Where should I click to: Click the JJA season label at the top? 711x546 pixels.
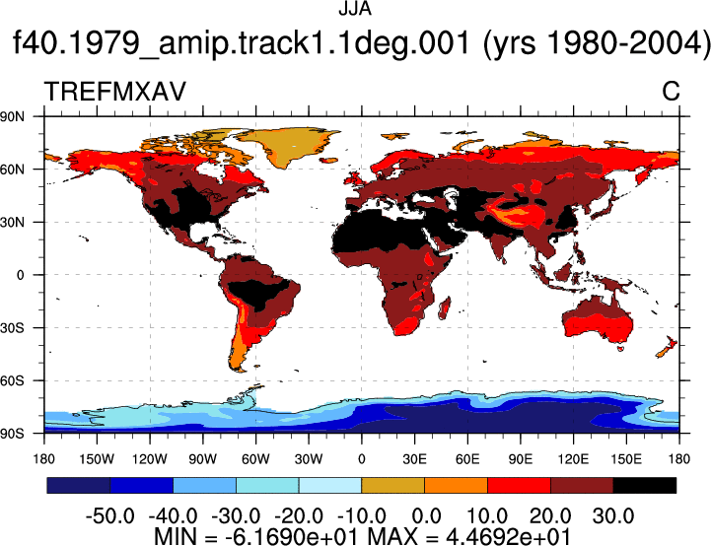point(355,9)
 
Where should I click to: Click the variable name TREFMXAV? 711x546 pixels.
point(115,92)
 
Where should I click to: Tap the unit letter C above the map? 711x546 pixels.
point(671,92)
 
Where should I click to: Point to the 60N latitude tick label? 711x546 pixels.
point(12,170)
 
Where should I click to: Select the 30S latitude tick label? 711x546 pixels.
point(12,328)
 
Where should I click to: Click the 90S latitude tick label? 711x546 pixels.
point(12,434)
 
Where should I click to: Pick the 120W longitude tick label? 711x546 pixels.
point(150,459)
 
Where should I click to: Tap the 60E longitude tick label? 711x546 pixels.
point(467,459)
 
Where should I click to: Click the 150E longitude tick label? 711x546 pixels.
point(626,459)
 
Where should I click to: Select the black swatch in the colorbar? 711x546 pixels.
point(644,485)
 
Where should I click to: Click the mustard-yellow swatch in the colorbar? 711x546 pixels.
point(392,485)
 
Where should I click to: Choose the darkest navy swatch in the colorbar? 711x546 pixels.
point(79,485)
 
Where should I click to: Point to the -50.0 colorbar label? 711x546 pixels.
point(110,516)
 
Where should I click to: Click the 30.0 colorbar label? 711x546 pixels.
point(613,516)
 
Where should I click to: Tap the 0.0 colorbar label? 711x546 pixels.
point(426,516)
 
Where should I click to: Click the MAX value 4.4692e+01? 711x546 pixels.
point(508,536)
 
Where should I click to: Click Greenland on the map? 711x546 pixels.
point(290,145)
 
